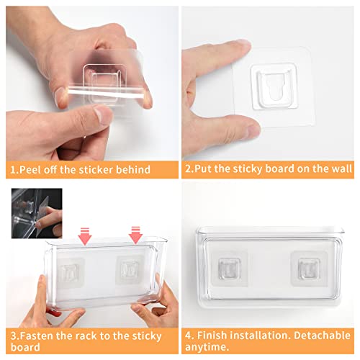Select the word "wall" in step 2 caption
coord(339,170)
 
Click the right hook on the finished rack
coord(303,267)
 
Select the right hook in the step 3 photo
coord(129,271)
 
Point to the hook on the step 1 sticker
coord(102,77)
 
